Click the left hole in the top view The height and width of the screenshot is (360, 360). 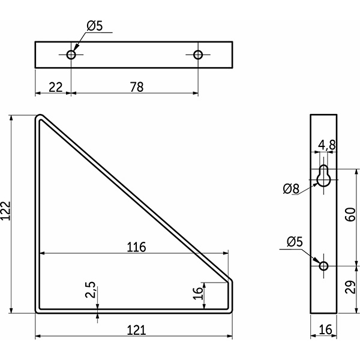(x=71, y=55)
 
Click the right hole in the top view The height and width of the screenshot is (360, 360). (x=199, y=55)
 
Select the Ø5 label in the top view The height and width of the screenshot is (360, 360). (x=95, y=26)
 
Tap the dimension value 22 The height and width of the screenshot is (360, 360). (x=55, y=87)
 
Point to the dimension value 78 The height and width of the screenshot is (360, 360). (x=136, y=87)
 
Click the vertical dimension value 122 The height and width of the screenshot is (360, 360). (x=7, y=211)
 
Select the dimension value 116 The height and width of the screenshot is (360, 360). (x=137, y=247)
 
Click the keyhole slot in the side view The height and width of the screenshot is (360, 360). (x=324, y=176)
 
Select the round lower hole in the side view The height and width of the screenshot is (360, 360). (x=324, y=265)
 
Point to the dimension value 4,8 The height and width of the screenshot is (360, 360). (x=328, y=144)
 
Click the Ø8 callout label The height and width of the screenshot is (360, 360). (x=291, y=189)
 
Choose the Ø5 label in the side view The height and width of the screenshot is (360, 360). (x=296, y=242)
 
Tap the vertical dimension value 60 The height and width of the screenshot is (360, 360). (x=351, y=214)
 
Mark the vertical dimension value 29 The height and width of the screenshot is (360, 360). (x=351, y=287)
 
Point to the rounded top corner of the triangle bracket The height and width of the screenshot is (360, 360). (x=40, y=118)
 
